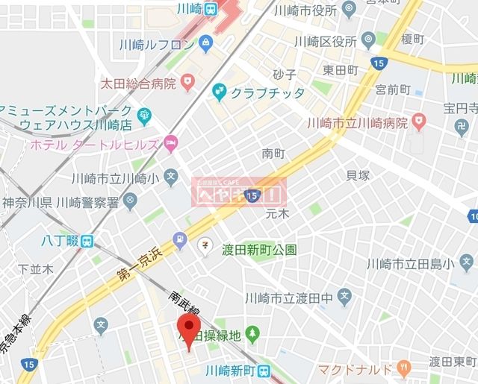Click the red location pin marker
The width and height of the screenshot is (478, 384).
187,329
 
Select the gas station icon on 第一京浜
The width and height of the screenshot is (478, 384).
179,240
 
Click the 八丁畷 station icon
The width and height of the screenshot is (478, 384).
87,242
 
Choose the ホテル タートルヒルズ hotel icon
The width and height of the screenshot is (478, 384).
171,142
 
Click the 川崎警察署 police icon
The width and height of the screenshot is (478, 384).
131,200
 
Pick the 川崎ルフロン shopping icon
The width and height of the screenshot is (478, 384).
207,44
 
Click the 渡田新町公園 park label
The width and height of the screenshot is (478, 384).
259,250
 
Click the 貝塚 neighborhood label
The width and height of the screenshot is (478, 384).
358,176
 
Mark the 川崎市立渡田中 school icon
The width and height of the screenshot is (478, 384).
344,298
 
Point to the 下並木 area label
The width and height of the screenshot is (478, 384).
35,268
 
